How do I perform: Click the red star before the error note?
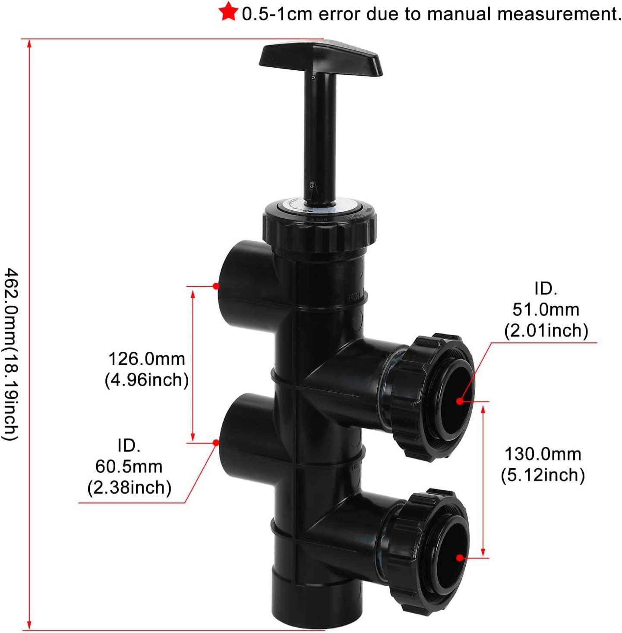(228, 12)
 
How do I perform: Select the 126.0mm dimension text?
(147, 359)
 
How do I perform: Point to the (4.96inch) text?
(147, 380)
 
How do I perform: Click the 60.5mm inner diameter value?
(129, 467)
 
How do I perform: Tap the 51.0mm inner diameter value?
(546, 310)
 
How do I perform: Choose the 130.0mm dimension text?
(543, 454)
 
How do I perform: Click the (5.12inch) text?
(543, 475)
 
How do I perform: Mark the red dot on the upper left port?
(216, 286)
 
